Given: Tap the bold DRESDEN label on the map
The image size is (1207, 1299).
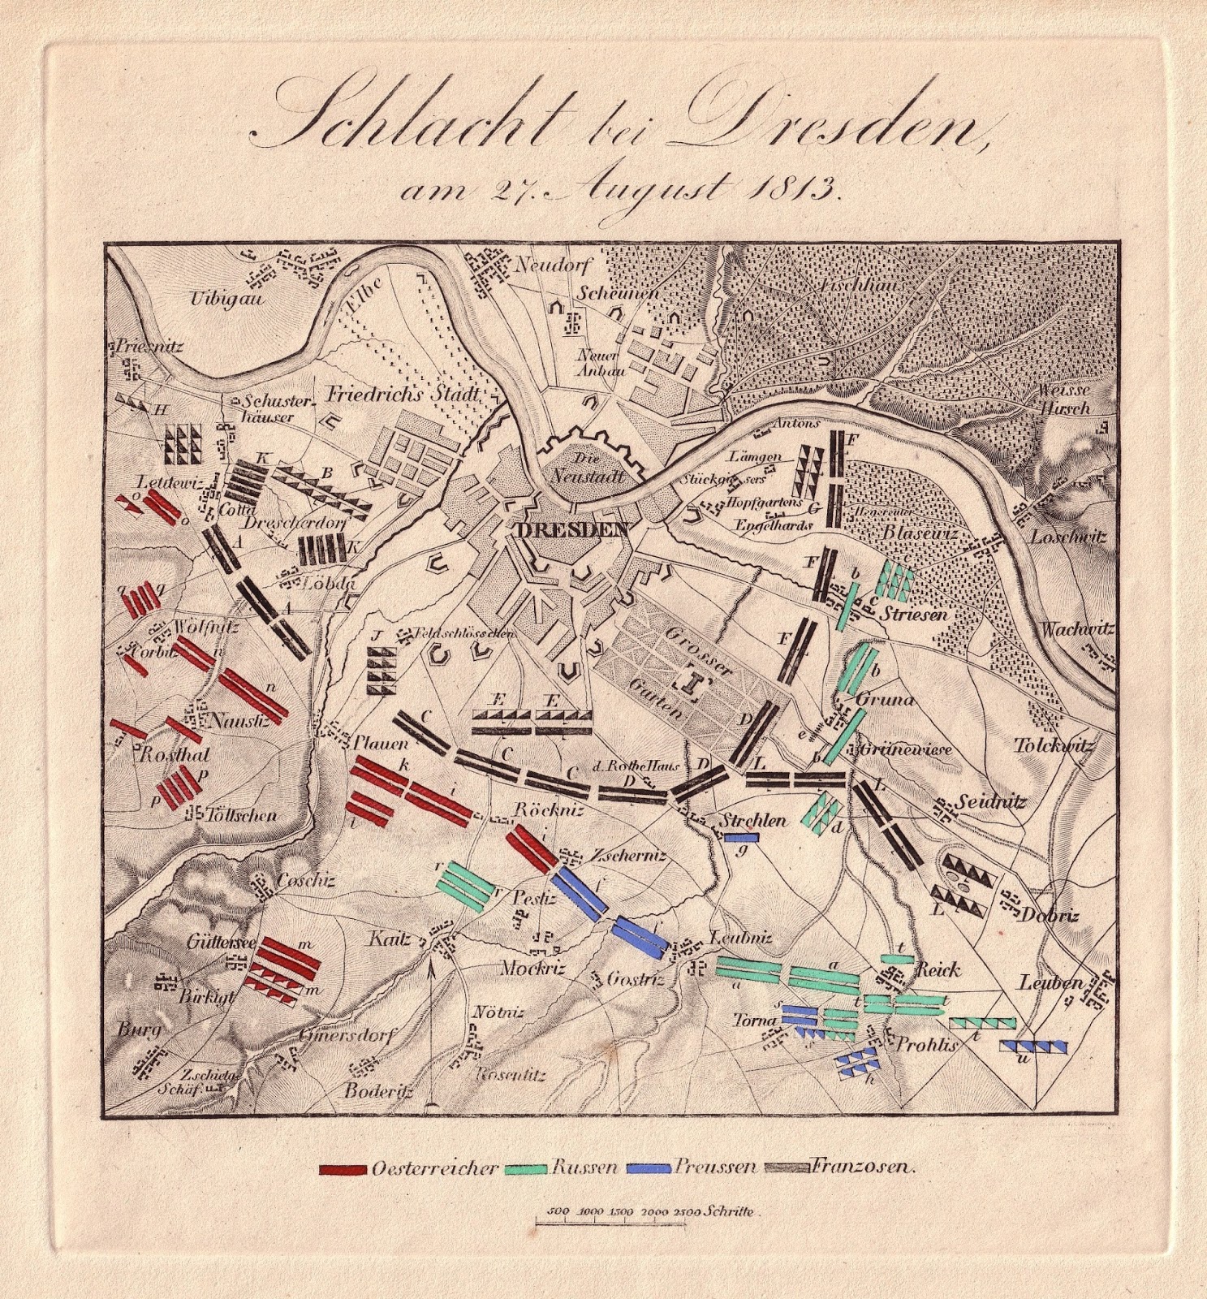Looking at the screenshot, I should coord(573,530).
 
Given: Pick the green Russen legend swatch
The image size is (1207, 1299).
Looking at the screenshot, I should coord(526,1170).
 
